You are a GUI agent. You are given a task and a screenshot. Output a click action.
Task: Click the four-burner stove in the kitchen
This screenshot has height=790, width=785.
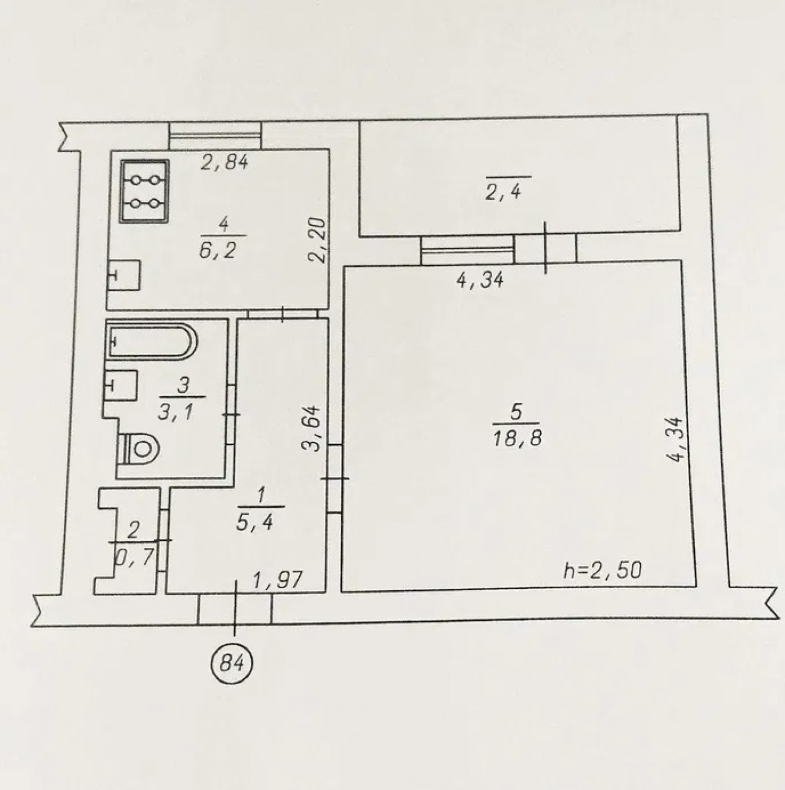tap(144, 191)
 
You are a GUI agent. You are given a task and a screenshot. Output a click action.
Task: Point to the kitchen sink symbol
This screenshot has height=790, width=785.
tap(124, 275)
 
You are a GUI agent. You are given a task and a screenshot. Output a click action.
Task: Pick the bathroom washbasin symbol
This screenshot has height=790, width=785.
tap(122, 384)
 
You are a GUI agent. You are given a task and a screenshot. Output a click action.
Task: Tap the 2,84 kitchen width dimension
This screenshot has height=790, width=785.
tap(224, 163)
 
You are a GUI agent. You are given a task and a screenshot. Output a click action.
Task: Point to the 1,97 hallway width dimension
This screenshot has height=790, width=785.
tap(277, 580)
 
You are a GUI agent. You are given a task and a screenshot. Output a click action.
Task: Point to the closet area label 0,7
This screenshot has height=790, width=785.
tap(135, 556)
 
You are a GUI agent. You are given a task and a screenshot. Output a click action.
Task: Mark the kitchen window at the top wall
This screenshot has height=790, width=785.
tap(215, 135)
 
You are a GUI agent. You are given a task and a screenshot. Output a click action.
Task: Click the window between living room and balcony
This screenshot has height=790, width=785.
tap(468, 249)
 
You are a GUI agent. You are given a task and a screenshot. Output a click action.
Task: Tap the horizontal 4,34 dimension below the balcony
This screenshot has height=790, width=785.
tap(480, 281)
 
